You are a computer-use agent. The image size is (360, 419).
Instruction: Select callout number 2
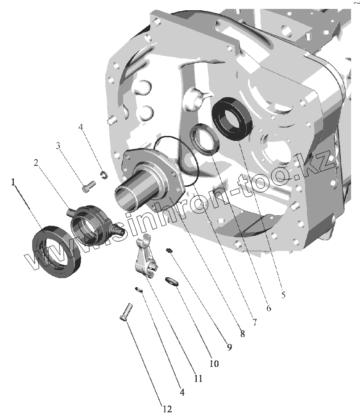coord(36,162)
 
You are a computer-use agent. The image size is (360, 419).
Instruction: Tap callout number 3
coord(58,146)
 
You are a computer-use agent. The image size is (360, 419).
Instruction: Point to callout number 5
coord(284,295)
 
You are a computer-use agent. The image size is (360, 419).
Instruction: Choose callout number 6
coord(269,308)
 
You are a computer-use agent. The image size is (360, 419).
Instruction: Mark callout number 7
coord(255,322)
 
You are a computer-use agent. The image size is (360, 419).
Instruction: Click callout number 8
coord(243,333)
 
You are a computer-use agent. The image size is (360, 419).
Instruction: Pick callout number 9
coord(229,347)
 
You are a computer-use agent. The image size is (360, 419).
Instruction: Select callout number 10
coord(214,363)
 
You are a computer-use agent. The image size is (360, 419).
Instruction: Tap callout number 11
coord(198,378)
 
